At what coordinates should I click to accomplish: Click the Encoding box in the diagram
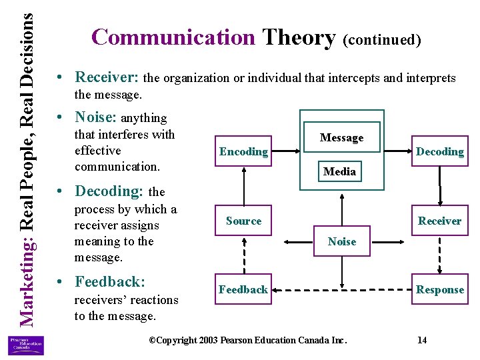point(243,152)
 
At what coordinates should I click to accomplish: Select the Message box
point(341,138)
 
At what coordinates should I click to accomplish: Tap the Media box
point(339,171)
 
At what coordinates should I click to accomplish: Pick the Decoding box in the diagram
point(439,152)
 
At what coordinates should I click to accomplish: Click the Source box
point(243,221)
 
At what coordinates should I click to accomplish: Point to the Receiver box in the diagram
point(439,221)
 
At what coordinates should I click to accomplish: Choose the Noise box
point(341,241)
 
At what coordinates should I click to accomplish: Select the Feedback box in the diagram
point(243,289)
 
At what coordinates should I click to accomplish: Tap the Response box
point(439,289)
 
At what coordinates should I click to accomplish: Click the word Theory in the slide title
point(299,37)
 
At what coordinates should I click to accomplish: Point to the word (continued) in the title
point(381,39)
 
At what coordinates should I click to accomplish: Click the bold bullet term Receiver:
point(108,77)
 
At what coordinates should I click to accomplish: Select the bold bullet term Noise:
point(96,117)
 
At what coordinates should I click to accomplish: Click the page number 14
point(421,340)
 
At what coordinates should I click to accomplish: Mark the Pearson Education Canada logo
point(26,345)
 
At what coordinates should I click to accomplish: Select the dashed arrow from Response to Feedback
point(341,290)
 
